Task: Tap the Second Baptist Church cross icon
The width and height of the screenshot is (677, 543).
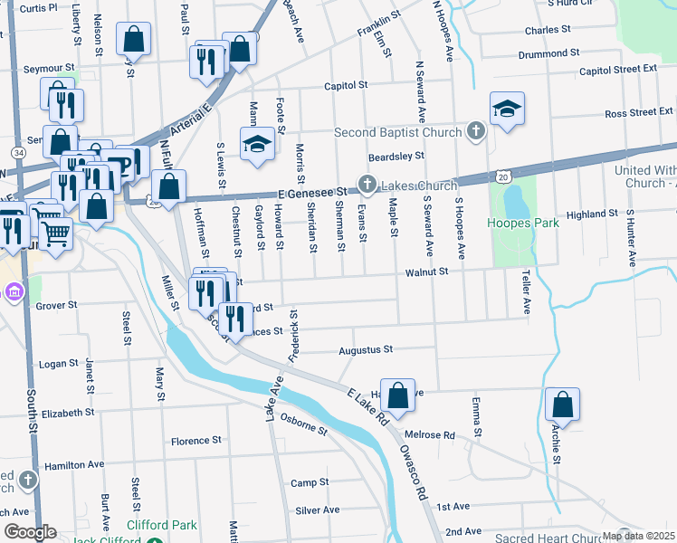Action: coord(476,132)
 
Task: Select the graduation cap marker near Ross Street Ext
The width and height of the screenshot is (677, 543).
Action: coord(507,110)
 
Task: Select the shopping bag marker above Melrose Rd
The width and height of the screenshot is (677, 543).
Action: coord(397,395)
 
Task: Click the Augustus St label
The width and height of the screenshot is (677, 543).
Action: coord(365,349)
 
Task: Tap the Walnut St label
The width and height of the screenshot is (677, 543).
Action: coord(426,271)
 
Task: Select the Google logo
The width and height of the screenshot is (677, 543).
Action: coord(29,532)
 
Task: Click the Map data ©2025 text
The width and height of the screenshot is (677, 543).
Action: coord(638,536)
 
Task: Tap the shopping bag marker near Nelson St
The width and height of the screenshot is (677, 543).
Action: coord(133,39)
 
